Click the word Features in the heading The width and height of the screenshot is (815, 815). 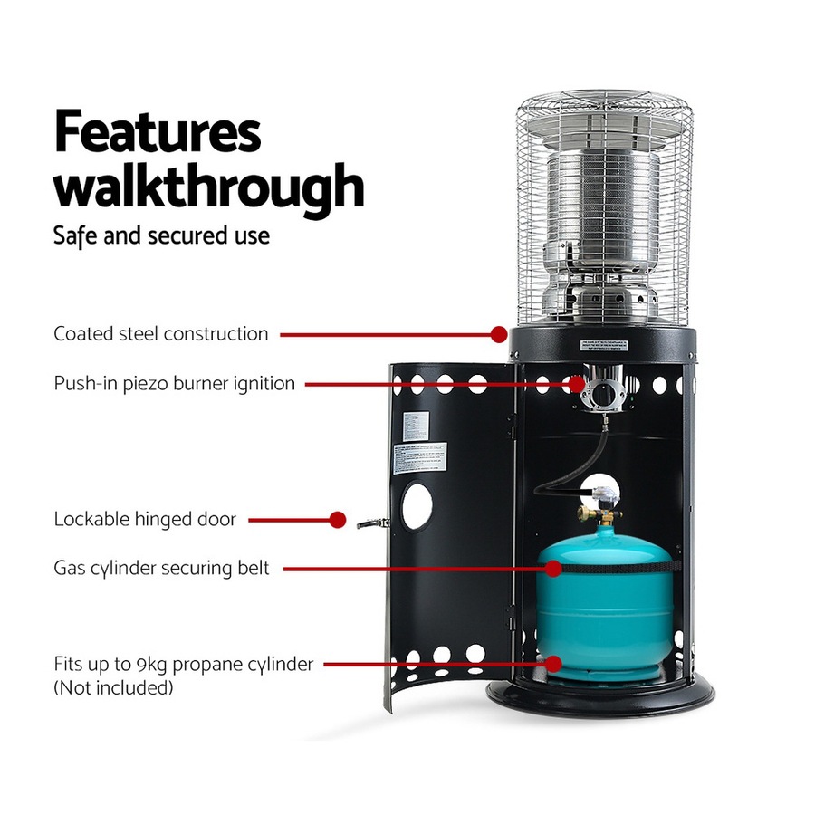pyautogui.click(x=158, y=133)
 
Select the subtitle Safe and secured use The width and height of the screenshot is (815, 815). pyautogui.click(x=161, y=235)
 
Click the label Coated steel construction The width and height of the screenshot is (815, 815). pyautogui.click(x=161, y=333)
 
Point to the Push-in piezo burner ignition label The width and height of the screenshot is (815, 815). pyautogui.click(x=174, y=383)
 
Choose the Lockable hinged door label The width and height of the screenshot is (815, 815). pyautogui.click(x=145, y=520)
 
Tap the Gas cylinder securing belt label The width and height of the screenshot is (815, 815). pyautogui.click(x=161, y=569)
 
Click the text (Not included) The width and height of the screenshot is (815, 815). pyautogui.click(x=113, y=688)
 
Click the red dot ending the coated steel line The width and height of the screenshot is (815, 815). pyautogui.click(x=498, y=334)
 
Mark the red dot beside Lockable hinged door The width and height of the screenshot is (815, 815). pyautogui.click(x=337, y=520)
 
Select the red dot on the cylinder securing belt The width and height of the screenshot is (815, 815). pyautogui.click(x=551, y=569)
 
